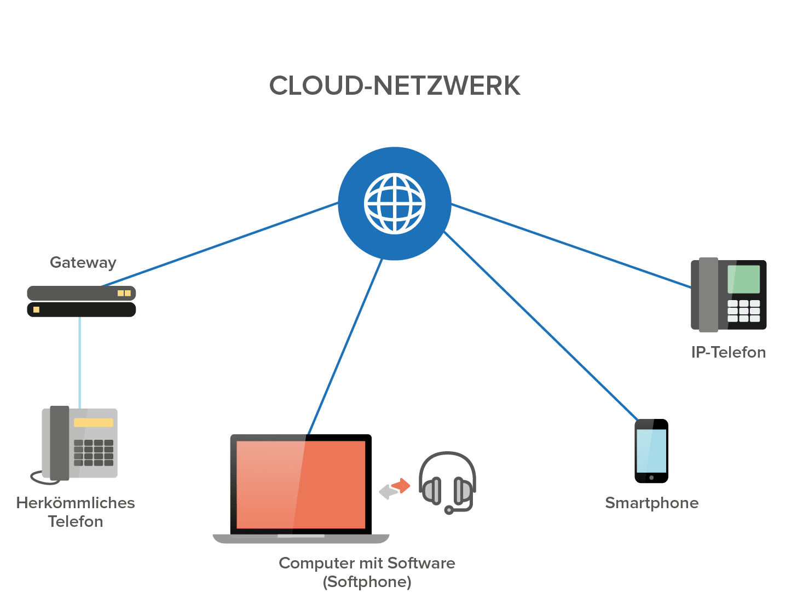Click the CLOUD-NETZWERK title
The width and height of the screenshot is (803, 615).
click(394, 86)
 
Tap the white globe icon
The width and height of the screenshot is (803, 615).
click(395, 204)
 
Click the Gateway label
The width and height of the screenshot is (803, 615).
click(83, 262)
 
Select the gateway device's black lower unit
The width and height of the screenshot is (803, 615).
click(82, 309)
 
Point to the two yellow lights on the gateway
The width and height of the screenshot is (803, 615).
click(124, 293)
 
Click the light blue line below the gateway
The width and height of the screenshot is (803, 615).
click(80, 361)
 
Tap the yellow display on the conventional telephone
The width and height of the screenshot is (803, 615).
click(94, 423)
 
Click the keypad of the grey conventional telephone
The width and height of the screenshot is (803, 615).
click(94, 452)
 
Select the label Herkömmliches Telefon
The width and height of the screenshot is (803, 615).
click(76, 511)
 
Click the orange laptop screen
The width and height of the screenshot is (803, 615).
click(301, 484)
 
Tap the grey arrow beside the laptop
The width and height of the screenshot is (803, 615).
click(388, 492)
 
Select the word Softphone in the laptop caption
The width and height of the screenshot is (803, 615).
click(367, 582)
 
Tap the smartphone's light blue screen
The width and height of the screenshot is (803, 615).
click(651, 451)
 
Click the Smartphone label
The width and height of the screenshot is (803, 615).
click(651, 503)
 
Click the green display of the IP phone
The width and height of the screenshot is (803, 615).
click(743, 279)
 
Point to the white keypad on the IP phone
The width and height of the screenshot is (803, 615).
click(743, 311)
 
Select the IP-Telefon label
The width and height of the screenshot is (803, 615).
click(728, 352)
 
